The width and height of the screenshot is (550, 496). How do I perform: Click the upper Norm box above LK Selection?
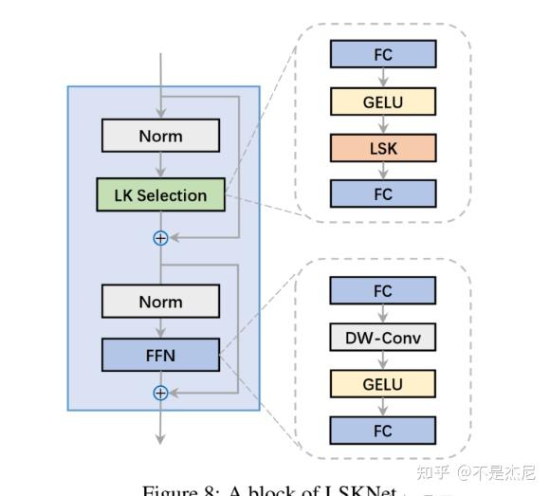click(x=160, y=136)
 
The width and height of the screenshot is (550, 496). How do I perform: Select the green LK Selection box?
click(x=160, y=195)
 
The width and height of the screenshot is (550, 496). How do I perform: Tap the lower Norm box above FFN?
click(x=160, y=302)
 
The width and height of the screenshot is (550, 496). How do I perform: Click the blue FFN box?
click(x=160, y=358)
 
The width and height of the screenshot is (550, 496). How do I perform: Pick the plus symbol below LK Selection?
click(x=160, y=238)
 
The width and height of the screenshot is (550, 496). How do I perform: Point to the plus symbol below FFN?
click(x=160, y=392)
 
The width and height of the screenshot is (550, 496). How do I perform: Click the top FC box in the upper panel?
click(x=383, y=54)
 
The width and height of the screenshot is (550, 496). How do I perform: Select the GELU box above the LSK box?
click(x=383, y=101)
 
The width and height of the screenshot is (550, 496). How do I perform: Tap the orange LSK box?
click(x=383, y=147)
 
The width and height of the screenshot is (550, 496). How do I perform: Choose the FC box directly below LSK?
click(x=383, y=193)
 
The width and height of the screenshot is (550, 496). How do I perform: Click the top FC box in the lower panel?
click(x=383, y=290)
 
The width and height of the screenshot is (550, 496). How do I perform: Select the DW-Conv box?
click(x=383, y=338)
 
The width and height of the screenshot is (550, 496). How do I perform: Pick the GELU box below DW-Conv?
click(x=383, y=384)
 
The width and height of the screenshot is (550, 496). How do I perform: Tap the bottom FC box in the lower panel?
click(x=383, y=431)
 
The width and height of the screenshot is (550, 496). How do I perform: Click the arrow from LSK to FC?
click(x=383, y=171)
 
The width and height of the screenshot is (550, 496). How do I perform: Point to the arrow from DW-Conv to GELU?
click(x=383, y=361)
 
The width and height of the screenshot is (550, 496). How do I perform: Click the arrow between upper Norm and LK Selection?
click(x=160, y=166)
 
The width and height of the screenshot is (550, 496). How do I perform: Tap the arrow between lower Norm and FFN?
click(x=160, y=330)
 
